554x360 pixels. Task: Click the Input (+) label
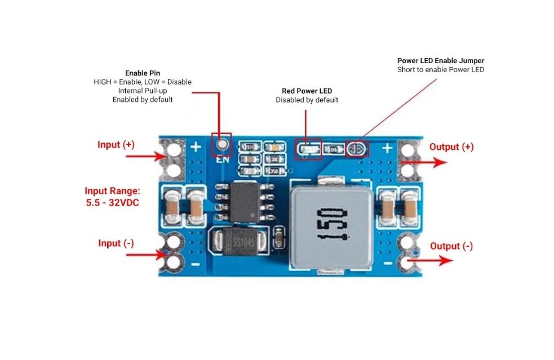pyautogui.click(x=116, y=145)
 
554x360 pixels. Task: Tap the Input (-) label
pyautogui.click(x=116, y=243)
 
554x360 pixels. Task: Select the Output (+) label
pyautogui.click(x=451, y=147)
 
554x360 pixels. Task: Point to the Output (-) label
pyautogui.click(x=451, y=246)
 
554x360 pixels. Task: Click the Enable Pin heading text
pyautogui.click(x=142, y=73)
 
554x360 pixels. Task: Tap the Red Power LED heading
pyautogui.click(x=307, y=91)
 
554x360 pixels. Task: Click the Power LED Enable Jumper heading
pyautogui.click(x=441, y=61)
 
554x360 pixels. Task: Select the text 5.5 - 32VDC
pyautogui.click(x=112, y=202)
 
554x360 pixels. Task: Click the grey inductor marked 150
pyautogui.click(x=331, y=224)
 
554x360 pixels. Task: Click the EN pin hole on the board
pyautogui.click(x=222, y=144)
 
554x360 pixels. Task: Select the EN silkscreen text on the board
pyautogui.click(x=222, y=159)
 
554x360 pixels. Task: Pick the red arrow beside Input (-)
pyautogui.click(x=145, y=255)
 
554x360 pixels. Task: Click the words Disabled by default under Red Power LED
pyautogui.click(x=307, y=100)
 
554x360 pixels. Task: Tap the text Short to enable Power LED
pyautogui.click(x=441, y=70)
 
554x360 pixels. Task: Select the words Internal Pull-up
pyautogui.click(x=142, y=91)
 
